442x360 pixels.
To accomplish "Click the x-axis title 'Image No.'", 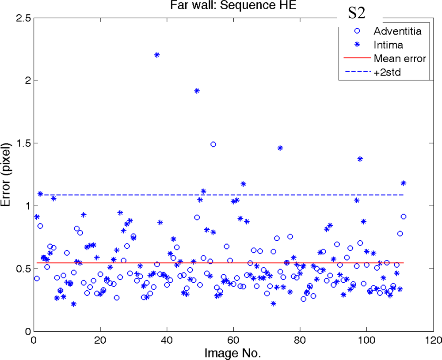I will coord(233,353).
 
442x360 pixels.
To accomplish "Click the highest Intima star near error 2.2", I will coord(157,55).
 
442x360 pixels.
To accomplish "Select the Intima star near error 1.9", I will coord(197,91).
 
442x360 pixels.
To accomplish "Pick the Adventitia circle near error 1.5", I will coord(213,144).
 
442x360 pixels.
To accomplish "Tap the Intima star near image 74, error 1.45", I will coord(280,148).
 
